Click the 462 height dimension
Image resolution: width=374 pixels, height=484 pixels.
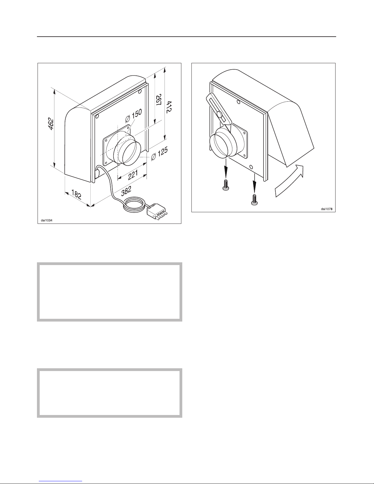tap(51, 124)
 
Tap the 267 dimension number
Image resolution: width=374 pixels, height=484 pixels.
tap(158, 100)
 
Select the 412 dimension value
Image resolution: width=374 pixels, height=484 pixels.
tap(169, 107)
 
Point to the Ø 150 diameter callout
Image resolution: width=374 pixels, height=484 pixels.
tap(133, 116)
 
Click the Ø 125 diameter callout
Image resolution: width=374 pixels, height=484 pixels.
tap(159, 154)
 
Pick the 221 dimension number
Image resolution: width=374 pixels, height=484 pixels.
tap(133, 175)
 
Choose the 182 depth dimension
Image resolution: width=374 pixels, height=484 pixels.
tap(76, 194)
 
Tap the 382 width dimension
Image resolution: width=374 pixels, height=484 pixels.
tap(126, 191)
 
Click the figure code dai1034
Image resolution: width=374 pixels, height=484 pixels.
tap(46, 220)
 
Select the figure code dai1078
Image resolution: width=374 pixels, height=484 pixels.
tap(327, 209)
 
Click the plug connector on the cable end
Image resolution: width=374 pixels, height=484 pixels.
tap(157, 211)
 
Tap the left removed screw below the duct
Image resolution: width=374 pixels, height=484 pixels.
tap(225, 185)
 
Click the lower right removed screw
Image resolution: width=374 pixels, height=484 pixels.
tap(254, 200)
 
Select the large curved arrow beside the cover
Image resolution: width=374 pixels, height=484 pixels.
tap(289, 181)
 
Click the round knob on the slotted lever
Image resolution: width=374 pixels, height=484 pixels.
tap(219, 115)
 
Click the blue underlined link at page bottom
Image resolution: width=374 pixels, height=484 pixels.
tap(60, 482)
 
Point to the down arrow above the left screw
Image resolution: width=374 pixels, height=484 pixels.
tap(226, 167)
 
